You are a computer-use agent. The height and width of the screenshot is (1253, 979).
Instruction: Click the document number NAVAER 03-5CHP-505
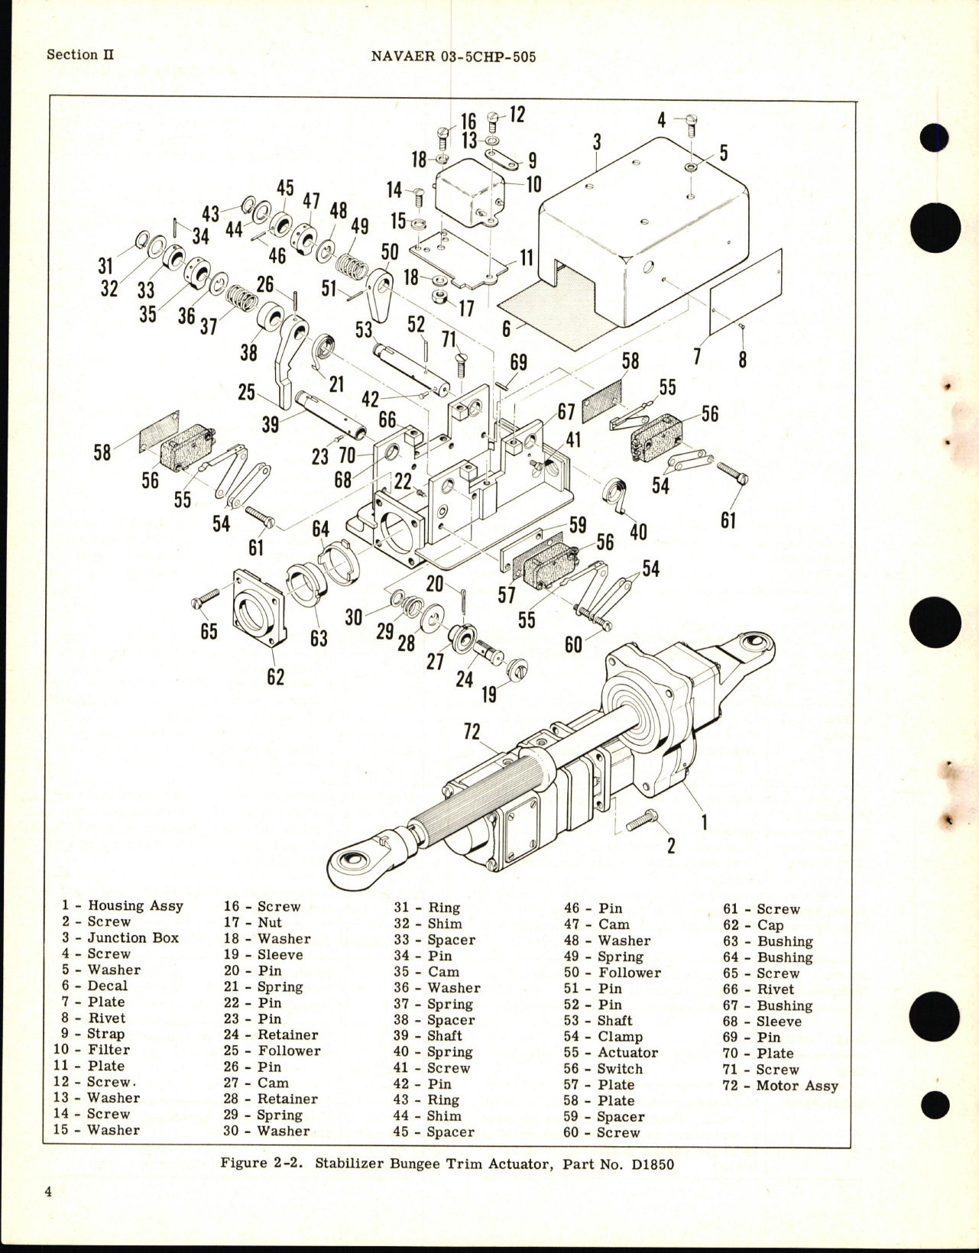pos(452,56)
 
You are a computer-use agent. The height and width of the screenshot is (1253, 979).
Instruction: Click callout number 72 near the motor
pos(472,731)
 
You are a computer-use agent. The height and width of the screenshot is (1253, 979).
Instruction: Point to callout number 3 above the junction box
pos(597,142)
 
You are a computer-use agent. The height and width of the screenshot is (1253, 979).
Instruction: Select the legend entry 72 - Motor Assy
pos(780,1086)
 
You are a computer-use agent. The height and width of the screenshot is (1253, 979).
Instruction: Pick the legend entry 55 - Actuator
pos(611,1052)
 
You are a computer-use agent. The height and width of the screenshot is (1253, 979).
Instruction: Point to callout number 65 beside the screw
pos(209,631)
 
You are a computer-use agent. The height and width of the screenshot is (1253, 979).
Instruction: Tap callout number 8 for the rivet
pos(743,358)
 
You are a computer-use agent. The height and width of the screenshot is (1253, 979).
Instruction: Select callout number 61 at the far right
pos(728,520)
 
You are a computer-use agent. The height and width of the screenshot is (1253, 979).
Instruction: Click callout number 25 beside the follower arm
pos(246,392)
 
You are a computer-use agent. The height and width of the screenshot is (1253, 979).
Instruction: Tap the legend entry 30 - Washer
pos(266,1131)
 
